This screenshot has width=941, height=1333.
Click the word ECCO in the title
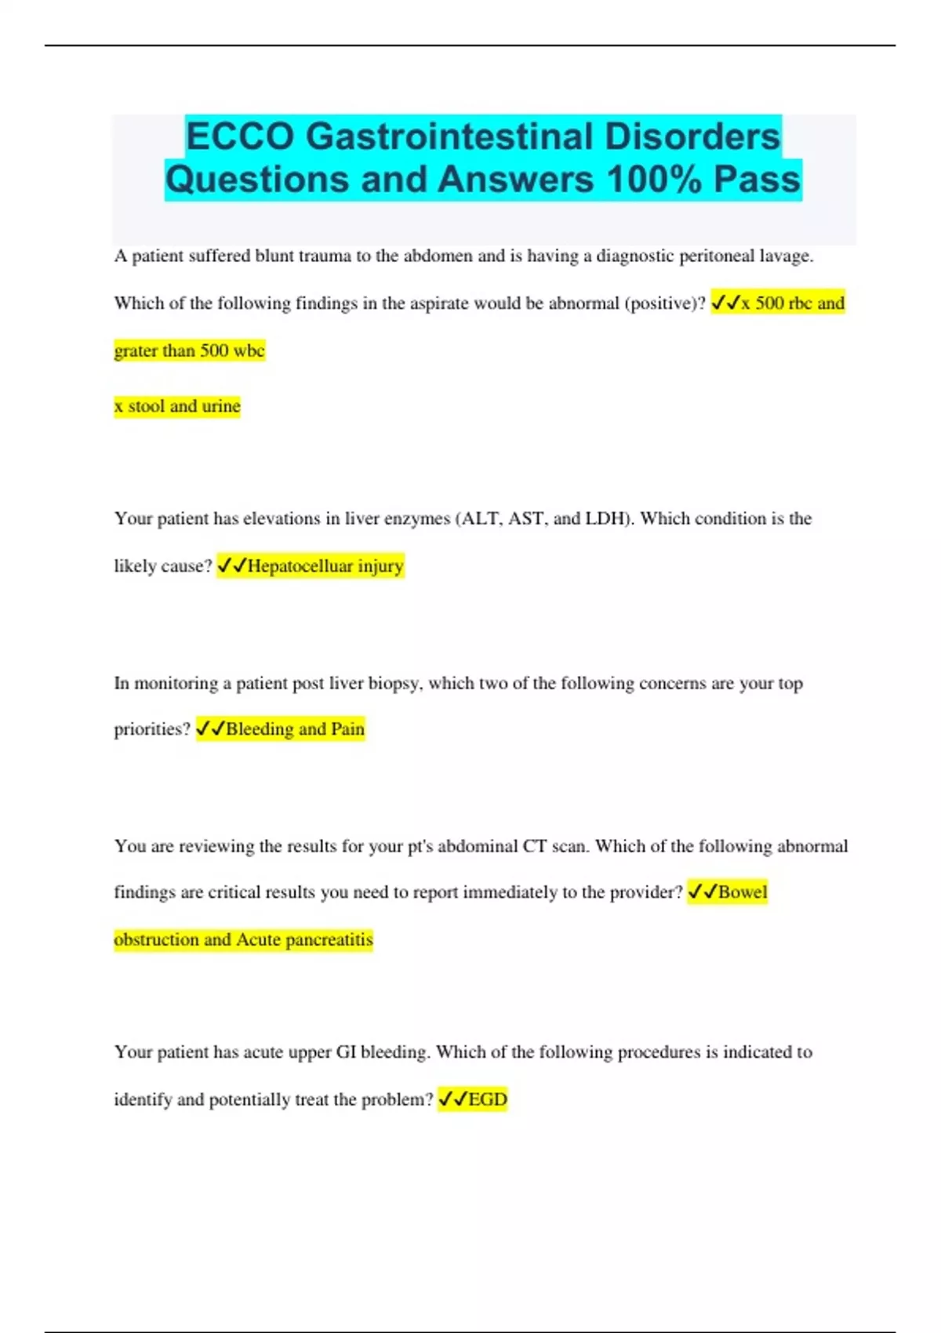[241, 136]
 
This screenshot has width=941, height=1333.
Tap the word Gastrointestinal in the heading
[449, 136]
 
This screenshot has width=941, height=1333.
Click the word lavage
[786, 256]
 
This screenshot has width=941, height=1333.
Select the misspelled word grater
[133, 351]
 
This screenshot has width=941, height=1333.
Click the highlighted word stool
[147, 406]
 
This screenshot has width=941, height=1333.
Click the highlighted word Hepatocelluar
[300, 566]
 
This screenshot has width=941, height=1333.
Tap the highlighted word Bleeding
[260, 729]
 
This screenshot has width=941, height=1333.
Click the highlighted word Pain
[347, 729]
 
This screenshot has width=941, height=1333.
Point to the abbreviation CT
[534, 846]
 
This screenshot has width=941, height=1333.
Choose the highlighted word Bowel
[743, 892]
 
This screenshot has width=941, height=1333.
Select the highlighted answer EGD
[488, 1099]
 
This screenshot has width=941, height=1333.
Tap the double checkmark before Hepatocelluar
[232, 566]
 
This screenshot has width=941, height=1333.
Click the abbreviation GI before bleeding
[346, 1052]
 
